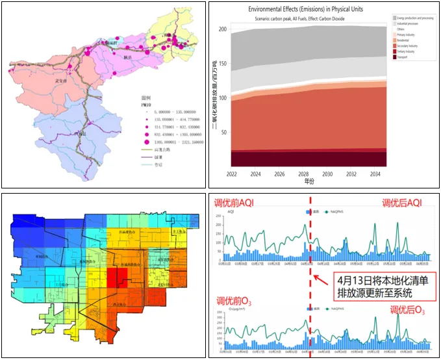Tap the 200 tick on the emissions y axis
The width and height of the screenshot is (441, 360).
click(222, 30)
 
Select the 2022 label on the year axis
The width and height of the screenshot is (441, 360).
click(231, 174)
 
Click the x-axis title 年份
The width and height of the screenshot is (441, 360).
click(312, 181)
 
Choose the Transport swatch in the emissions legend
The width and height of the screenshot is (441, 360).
click(394, 57)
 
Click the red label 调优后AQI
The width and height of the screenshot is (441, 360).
click(401, 203)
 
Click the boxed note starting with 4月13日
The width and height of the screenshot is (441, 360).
click(377, 287)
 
